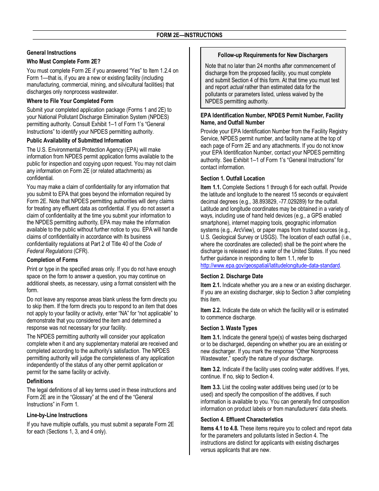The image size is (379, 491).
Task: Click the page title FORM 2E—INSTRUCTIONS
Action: [x=189, y=35]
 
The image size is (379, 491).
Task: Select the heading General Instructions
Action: [x=51, y=53]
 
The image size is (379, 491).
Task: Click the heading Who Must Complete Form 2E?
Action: [x=63, y=61]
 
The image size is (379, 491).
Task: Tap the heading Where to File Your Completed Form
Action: [x=70, y=101]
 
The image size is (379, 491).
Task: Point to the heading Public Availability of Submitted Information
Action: [x=79, y=141]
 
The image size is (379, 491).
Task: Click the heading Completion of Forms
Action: [x=52, y=260]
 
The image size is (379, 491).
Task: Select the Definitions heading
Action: [x=40, y=381]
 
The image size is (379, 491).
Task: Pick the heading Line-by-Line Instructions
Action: [x=57, y=415]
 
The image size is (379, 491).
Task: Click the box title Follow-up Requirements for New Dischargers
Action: [x=273, y=55]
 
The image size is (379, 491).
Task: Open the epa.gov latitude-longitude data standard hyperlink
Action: [x=270, y=265]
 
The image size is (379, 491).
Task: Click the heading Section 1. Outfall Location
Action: [x=233, y=178]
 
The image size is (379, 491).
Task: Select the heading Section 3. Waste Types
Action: [x=229, y=328]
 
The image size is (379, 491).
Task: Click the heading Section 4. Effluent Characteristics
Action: [x=242, y=420]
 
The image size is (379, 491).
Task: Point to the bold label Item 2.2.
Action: [x=210, y=310]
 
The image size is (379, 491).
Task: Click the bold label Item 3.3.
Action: [x=210, y=387]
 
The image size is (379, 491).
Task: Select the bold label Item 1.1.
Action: [x=210, y=187]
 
